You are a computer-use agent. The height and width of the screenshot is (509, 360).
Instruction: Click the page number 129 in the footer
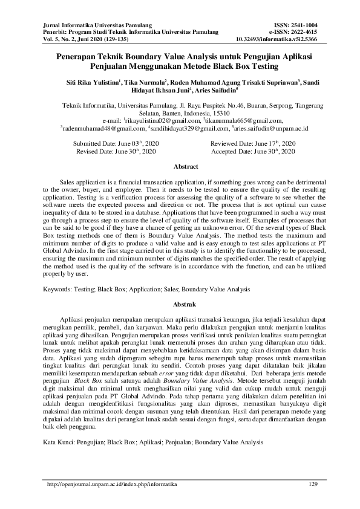coord(313,484)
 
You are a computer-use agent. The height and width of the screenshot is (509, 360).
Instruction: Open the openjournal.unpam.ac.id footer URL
coord(113,484)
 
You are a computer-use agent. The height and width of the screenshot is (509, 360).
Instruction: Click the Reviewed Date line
coord(253,143)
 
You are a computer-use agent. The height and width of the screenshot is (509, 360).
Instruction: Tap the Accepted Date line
coord(253,151)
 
